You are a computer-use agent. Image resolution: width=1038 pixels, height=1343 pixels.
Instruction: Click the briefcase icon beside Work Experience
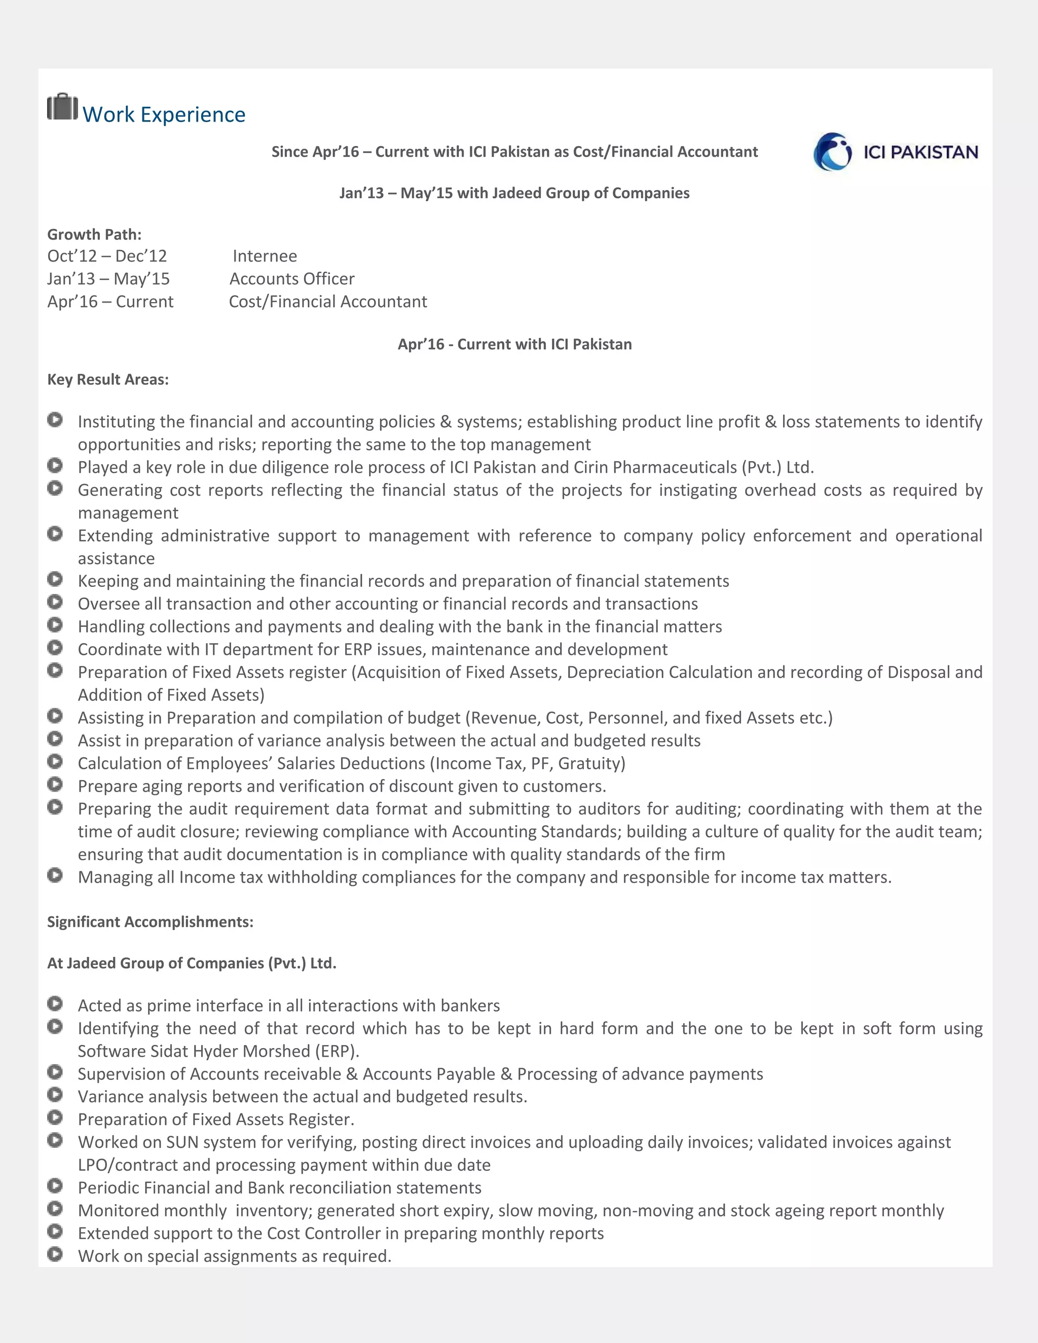[x=62, y=107]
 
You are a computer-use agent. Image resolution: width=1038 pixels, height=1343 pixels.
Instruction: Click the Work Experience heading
[x=164, y=115]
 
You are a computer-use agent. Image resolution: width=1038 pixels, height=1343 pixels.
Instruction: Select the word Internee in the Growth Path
[x=265, y=256]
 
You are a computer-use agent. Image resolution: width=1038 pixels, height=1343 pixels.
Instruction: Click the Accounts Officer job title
[x=292, y=279]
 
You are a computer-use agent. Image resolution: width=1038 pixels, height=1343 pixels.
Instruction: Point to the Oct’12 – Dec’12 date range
[x=107, y=256]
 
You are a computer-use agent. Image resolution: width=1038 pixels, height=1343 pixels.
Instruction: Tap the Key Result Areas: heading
[x=107, y=380]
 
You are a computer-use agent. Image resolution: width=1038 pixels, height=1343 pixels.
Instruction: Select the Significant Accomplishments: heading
[x=150, y=922]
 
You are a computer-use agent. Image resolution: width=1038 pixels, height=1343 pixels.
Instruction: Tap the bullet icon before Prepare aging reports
[x=55, y=784]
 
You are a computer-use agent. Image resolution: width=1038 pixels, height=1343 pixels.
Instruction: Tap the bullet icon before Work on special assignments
[x=55, y=1254]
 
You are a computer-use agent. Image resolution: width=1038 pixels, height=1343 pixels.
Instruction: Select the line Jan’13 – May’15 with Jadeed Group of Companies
[x=514, y=193]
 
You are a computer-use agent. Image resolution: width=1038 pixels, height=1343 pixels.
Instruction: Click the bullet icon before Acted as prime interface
[x=55, y=1003]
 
